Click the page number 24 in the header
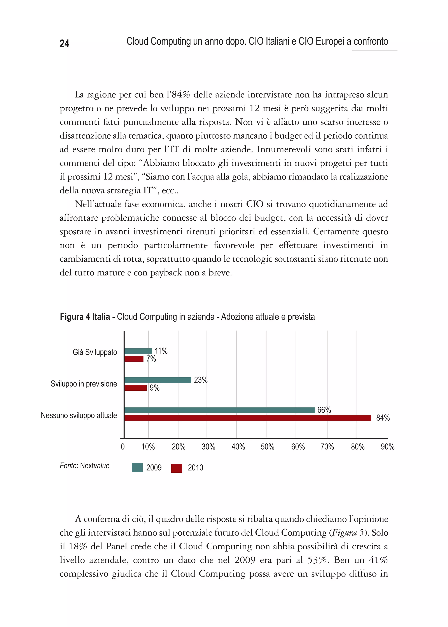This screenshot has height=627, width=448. point(64,43)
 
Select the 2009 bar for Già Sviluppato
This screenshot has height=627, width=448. point(138,351)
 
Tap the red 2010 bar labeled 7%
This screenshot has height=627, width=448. point(134,359)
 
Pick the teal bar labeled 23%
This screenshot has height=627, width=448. point(157,380)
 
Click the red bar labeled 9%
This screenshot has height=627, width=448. point(135,388)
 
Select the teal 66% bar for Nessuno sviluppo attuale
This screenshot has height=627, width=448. point(219,410)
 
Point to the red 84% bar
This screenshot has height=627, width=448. point(247,418)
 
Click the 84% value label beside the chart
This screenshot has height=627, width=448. point(383,418)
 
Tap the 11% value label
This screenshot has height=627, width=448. point(161,351)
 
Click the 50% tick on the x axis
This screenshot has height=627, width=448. point(267,447)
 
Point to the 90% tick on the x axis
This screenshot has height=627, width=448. point(387,447)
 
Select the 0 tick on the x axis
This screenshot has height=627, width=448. point(123,447)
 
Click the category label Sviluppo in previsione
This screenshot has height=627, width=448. point(84,384)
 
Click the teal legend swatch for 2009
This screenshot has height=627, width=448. point(137,468)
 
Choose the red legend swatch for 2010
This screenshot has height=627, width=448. point(177,468)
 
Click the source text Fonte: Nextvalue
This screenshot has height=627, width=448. point(84,466)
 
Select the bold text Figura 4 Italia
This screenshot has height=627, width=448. point(85,317)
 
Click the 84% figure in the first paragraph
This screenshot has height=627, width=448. point(181,95)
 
